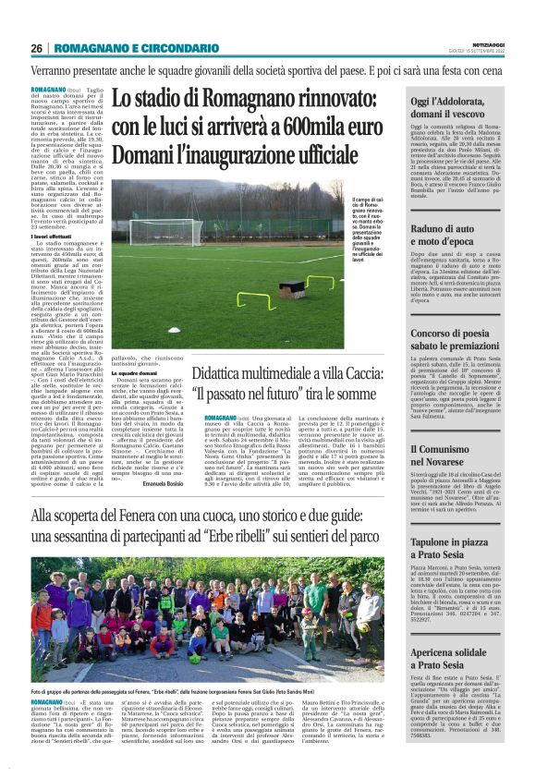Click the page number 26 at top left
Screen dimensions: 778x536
click(36, 48)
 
